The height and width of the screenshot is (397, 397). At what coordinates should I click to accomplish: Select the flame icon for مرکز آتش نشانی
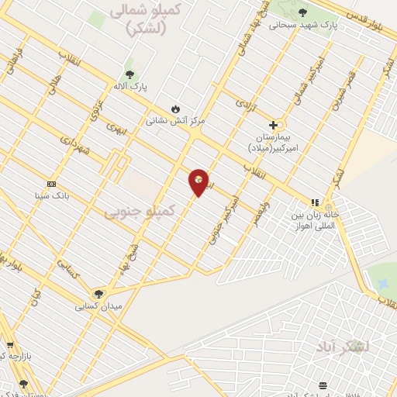pyautogui.click(x=175, y=109)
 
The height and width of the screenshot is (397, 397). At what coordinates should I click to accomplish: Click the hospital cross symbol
pyautogui.click(x=273, y=125)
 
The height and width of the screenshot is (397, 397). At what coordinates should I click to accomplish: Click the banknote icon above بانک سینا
pyautogui.click(x=51, y=184)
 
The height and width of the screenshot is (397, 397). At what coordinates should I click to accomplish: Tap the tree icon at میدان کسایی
pyautogui.click(x=98, y=293)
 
